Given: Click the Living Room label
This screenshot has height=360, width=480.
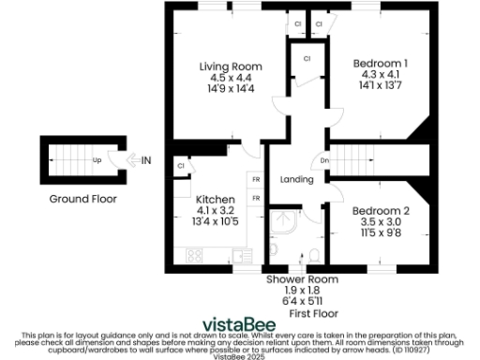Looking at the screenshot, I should pos(230,67).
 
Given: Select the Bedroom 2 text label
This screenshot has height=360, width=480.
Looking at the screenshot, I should pos(381,212).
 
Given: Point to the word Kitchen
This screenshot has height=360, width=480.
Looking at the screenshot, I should pos(215,200).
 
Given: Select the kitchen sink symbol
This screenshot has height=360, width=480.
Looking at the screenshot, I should pos(239,254).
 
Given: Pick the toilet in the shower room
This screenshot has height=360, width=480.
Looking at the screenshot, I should pos(315,255).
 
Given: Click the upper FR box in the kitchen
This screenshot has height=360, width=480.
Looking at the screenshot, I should pos(255,179).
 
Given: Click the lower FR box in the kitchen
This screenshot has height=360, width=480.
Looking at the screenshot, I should pos(255,198).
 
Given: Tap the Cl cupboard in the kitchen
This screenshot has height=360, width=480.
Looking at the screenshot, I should pos(180,166).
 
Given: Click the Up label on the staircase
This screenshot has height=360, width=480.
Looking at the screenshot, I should pos(97,160).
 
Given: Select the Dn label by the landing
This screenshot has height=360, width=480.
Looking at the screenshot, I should pos(325,160).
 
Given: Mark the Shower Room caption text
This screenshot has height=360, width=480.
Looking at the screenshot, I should pos(302,279).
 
